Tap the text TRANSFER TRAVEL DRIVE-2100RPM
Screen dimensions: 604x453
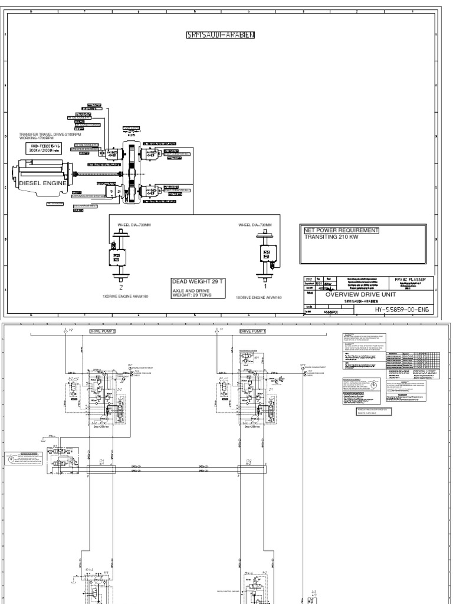(x=50, y=135)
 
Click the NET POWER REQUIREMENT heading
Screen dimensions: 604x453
(x=340, y=230)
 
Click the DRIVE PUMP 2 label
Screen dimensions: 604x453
(x=104, y=331)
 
